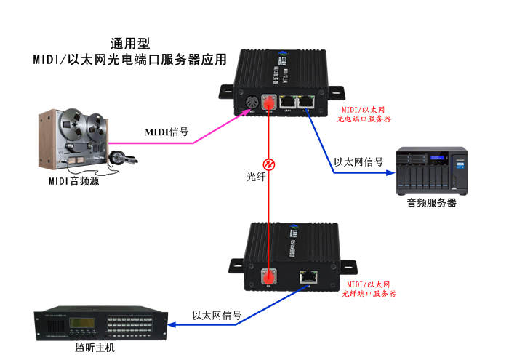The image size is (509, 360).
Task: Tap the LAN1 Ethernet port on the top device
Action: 288,102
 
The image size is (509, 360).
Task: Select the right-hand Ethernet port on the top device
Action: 308,102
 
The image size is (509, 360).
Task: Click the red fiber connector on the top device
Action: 268,103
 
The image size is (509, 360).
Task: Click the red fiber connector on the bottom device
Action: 268,276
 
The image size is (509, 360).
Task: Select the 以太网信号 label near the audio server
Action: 358,162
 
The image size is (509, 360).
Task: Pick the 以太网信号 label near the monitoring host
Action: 217,316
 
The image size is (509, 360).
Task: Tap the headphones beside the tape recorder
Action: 118,157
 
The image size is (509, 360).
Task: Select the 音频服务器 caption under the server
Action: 432,204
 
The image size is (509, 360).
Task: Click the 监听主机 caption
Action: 95,348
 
